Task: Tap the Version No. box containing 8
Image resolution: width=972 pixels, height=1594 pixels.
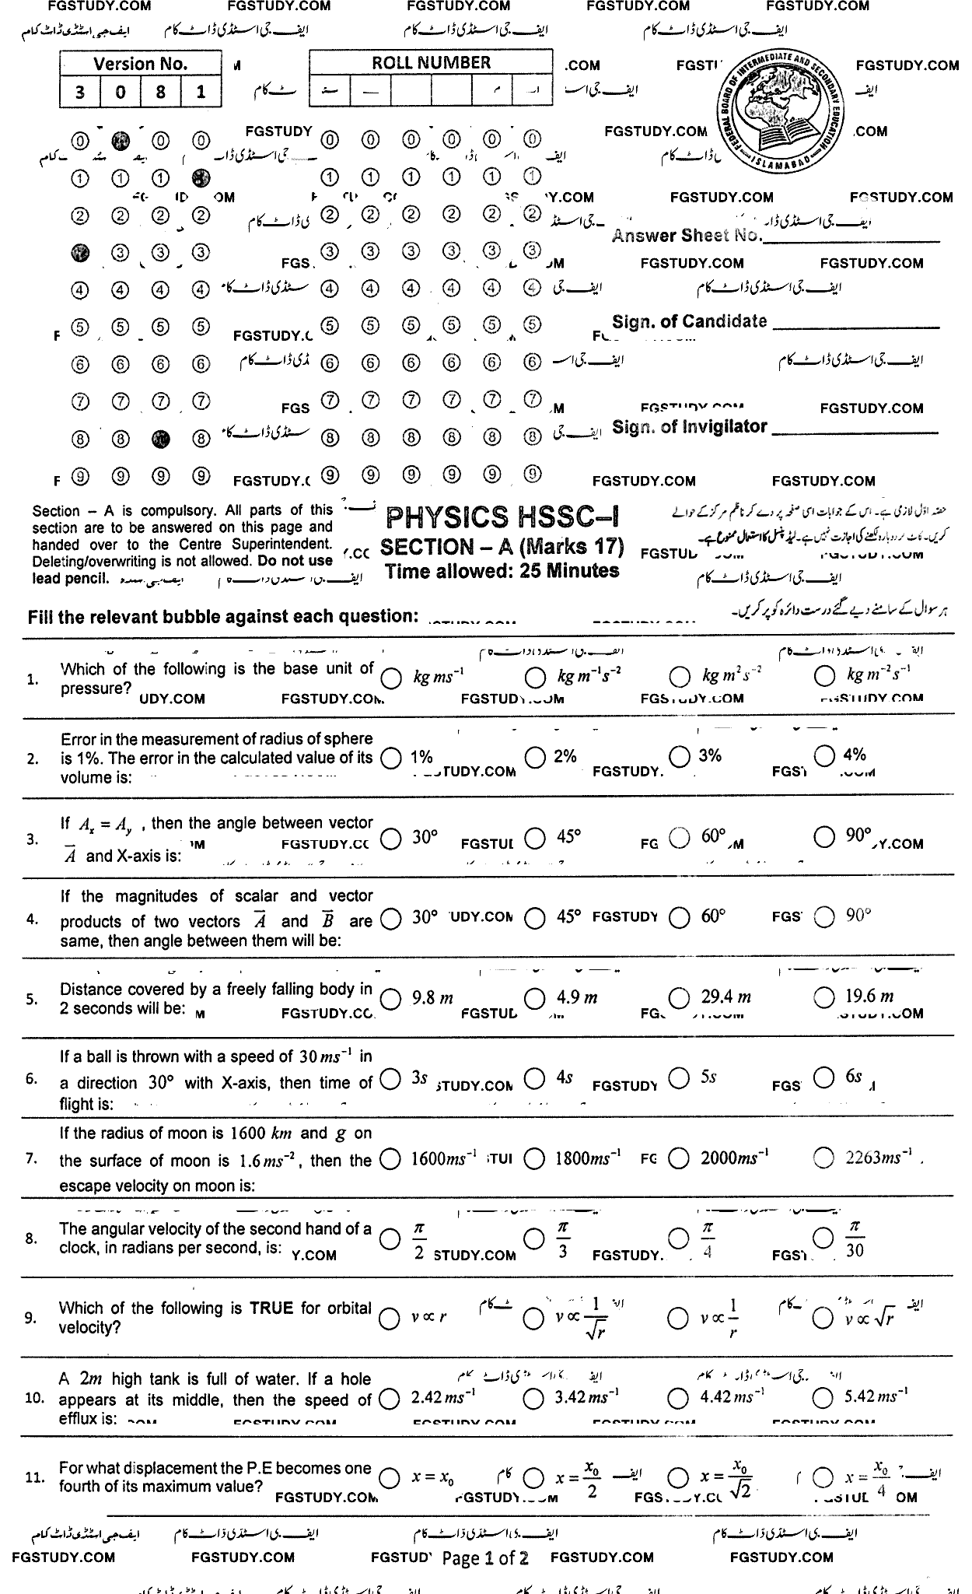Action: pyautogui.click(x=160, y=93)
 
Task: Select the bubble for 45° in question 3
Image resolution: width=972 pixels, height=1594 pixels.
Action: pyautogui.click(x=534, y=838)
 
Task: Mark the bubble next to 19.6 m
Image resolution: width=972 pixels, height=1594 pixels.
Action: pyautogui.click(x=824, y=997)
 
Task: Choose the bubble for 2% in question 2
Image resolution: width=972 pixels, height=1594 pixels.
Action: pyautogui.click(x=534, y=756)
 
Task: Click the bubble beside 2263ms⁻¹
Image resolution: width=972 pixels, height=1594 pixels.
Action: pyautogui.click(x=824, y=1158)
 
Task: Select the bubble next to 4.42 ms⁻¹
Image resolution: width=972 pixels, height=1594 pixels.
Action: pyautogui.click(x=679, y=1398)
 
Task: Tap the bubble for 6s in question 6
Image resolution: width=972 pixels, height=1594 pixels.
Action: pyautogui.click(x=824, y=1077)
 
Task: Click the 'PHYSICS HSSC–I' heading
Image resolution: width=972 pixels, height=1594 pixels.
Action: pyautogui.click(x=502, y=517)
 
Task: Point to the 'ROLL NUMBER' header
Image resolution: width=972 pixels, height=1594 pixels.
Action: pyautogui.click(x=431, y=63)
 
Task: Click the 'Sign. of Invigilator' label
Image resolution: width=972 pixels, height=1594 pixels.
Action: pyautogui.click(x=690, y=427)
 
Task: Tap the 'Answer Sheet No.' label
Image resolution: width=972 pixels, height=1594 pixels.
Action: pyautogui.click(x=687, y=236)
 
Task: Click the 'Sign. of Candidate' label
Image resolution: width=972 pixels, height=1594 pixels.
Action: pyautogui.click(x=689, y=321)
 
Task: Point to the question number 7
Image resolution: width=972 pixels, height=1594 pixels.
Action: pyautogui.click(x=32, y=1159)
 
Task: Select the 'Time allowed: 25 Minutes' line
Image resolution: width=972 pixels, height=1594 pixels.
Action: pyautogui.click(x=502, y=571)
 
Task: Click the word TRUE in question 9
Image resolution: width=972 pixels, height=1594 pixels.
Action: pyautogui.click(x=270, y=1308)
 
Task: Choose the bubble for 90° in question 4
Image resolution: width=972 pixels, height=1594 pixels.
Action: pyautogui.click(x=824, y=918)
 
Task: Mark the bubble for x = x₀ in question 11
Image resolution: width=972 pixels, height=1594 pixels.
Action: pyautogui.click(x=390, y=1478)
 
